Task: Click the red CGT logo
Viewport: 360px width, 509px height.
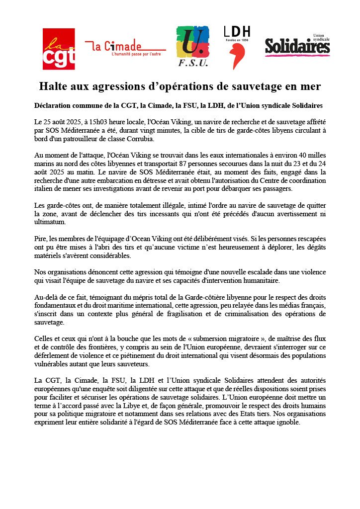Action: click(59, 49)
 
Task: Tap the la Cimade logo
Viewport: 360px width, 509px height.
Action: click(125, 47)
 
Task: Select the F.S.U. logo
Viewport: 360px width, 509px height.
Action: click(192, 47)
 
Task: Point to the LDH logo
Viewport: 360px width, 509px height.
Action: click(237, 47)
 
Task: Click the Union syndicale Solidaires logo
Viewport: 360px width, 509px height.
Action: click(297, 46)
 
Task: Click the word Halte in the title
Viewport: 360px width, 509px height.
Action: click(55, 86)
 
